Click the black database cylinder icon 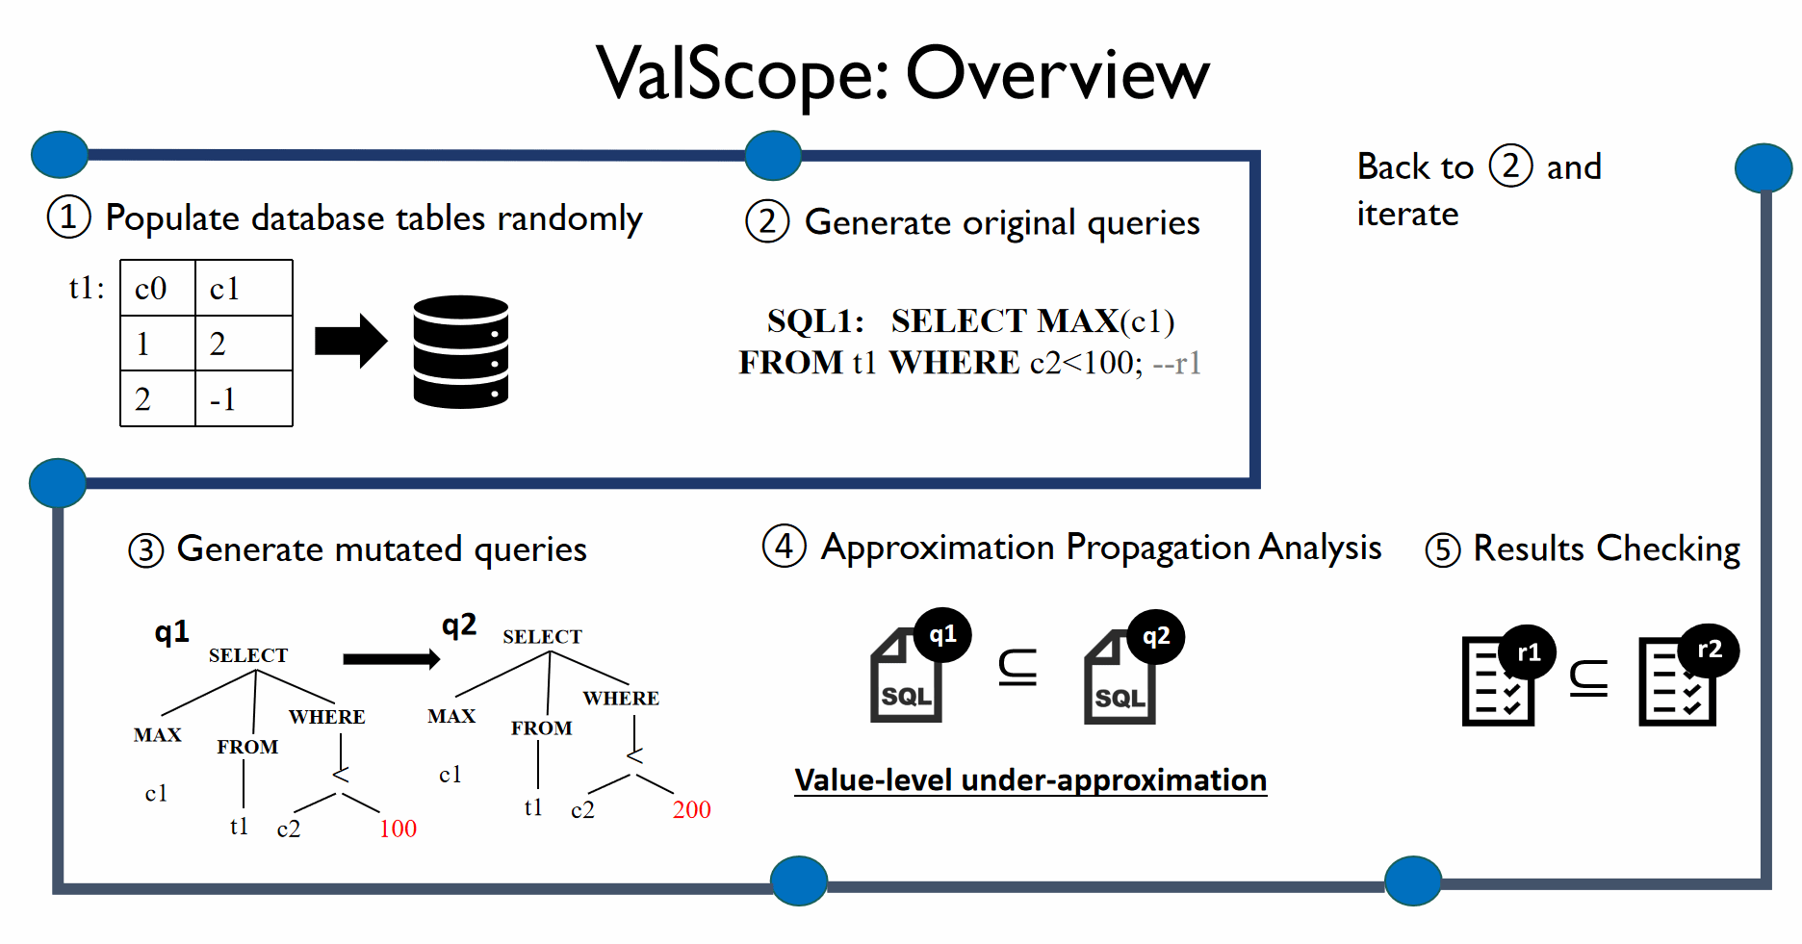(x=460, y=351)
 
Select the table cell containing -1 (x=243, y=398)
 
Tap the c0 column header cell (x=157, y=288)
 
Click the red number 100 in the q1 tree (x=398, y=829)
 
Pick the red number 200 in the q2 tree (x=691, y=809)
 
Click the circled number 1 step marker (x=69, y=217)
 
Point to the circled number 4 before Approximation (x=784, y=547)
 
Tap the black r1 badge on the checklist (x=1528, y=652)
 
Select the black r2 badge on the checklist (x=1709, y=650)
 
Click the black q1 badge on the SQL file (x=942, y=635)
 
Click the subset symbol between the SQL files (x=1017, y=667)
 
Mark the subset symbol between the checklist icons (x=1588, y=678)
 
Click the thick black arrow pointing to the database (x=350, y=341)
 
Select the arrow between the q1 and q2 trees (x=391, y=658)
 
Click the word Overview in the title (x=1057, y=74)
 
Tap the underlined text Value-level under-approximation (x=1030, y=780)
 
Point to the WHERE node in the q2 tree (x=621, y=698)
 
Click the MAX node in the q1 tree (x=157, y=735)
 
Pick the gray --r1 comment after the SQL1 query (x=1177, y=363)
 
